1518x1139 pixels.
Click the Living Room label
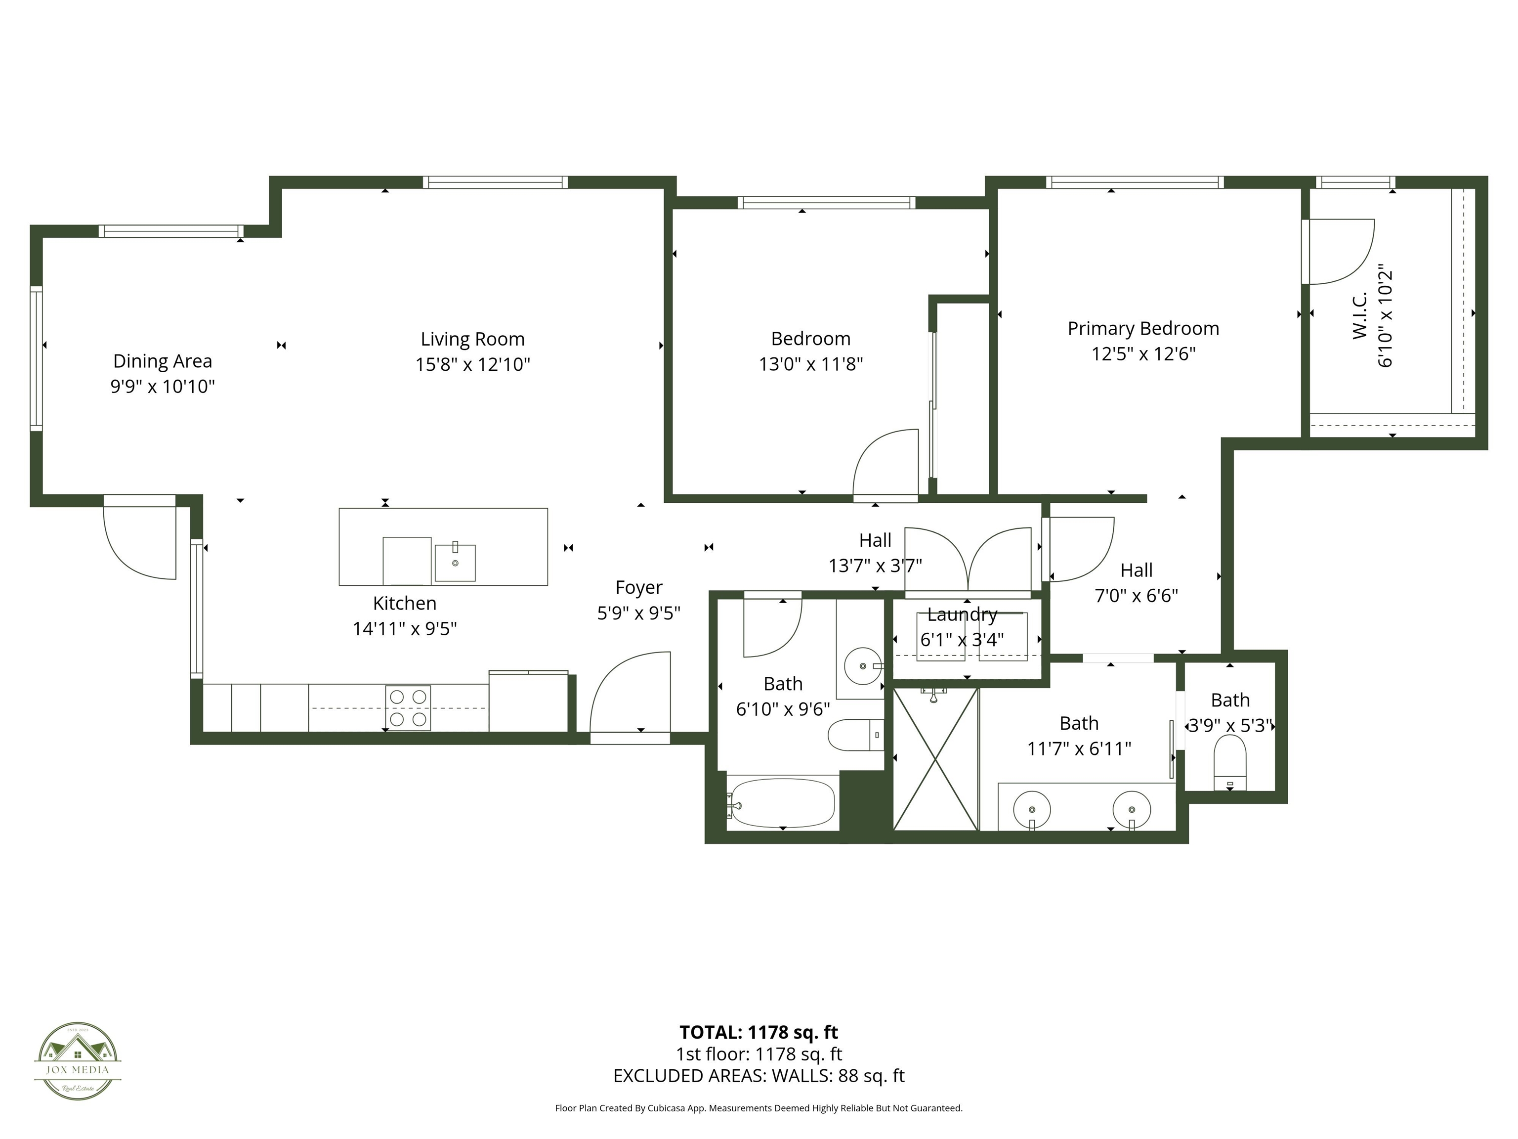[472, 339]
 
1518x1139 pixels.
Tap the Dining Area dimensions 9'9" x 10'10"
[163, 387]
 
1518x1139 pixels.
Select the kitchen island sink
[455, 563]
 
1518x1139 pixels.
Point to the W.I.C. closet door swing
[1338, 251]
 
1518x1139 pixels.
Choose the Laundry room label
[962, 614]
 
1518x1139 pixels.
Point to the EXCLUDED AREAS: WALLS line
[759, 1076]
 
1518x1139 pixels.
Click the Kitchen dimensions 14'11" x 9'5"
[405, 629]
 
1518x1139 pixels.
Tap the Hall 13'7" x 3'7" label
[875, 553]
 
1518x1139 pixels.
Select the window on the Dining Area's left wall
[36, 358]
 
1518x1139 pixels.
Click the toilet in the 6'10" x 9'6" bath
[854, 735]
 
